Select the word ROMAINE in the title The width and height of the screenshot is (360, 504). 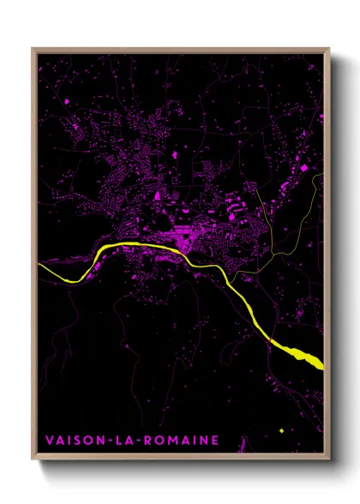(180, 441)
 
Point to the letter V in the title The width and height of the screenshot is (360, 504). (48, 441)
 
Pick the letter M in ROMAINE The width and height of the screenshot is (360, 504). (170, 441)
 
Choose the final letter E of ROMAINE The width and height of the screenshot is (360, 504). (214, 441)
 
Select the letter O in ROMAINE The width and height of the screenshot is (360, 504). (157, 441)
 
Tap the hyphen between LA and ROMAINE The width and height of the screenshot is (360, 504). (136, 441)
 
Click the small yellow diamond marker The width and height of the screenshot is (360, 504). (280, 430)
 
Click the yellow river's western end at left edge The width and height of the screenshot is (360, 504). (41, 267)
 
